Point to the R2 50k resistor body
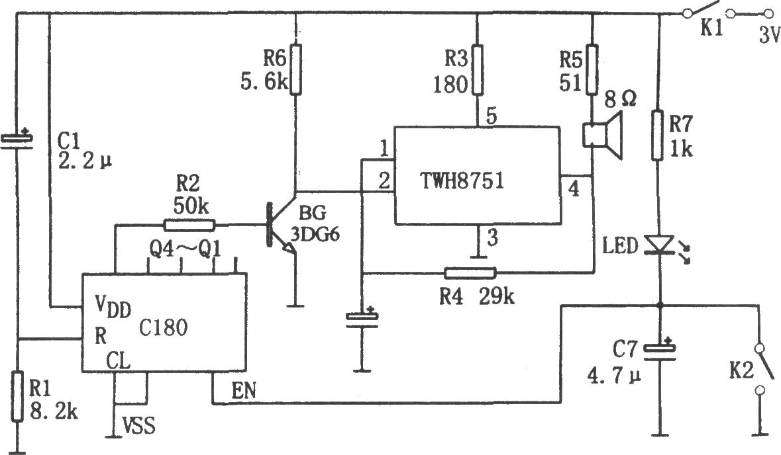tap(189, 225)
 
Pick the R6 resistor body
tap(296, 68)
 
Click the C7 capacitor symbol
tap(660, 351)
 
